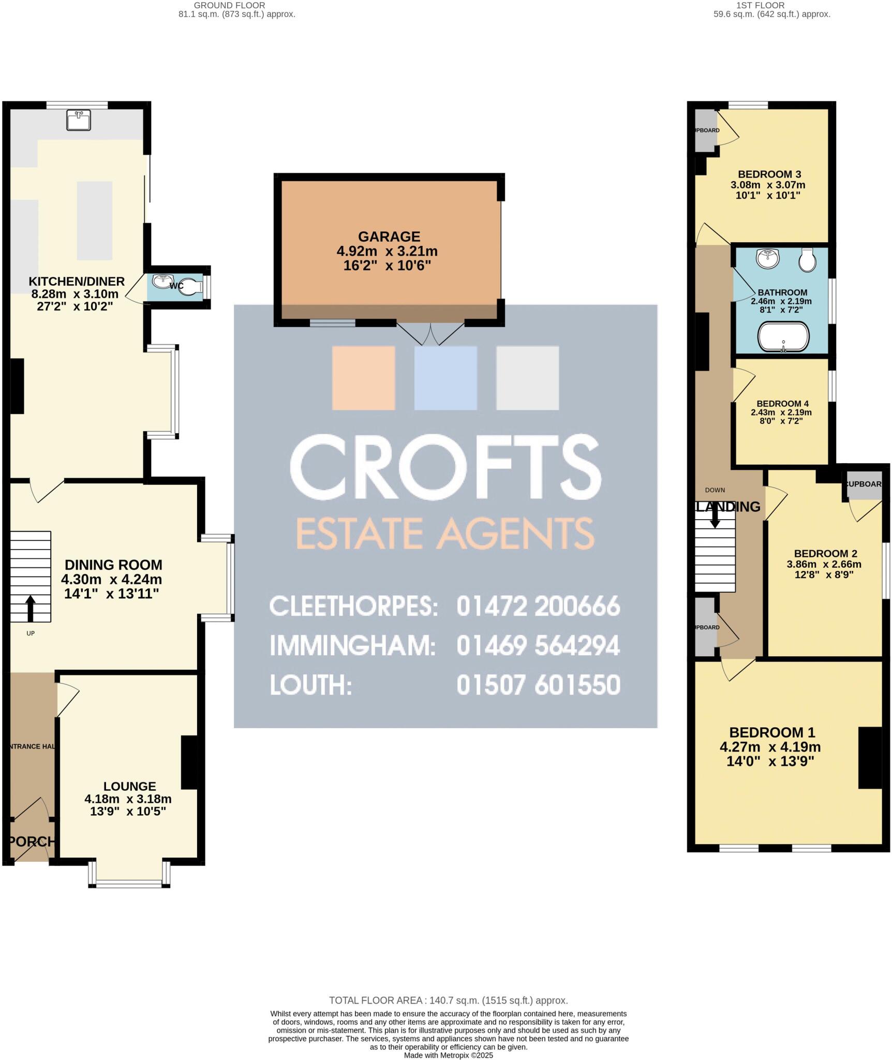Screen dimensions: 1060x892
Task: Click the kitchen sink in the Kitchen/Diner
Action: coord(79,120)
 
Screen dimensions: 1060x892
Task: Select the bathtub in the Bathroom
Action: coord(783,337)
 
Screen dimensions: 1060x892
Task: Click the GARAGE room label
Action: coord(389,237)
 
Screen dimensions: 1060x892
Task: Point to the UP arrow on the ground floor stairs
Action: coord(31,608)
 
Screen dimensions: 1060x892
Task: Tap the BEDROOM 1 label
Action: coord(772,732)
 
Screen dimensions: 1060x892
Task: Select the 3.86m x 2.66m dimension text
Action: coord(824,564)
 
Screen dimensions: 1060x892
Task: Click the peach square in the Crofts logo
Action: coord(363,378)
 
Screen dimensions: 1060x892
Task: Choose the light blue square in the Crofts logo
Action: coord(445,378)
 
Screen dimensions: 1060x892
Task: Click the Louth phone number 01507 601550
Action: coord(538,685)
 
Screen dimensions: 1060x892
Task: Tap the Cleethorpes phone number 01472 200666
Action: coord(538,606)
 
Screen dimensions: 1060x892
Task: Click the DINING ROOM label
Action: coord(113,565)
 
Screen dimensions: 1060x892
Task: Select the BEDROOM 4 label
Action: coord(782,404)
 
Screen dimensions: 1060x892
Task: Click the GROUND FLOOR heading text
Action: coord(229,5)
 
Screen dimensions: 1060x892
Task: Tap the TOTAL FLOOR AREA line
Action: coord(448,1000)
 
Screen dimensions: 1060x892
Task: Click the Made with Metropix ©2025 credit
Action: coord(448,1055)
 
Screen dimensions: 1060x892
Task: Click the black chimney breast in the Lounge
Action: coord(189,762)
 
